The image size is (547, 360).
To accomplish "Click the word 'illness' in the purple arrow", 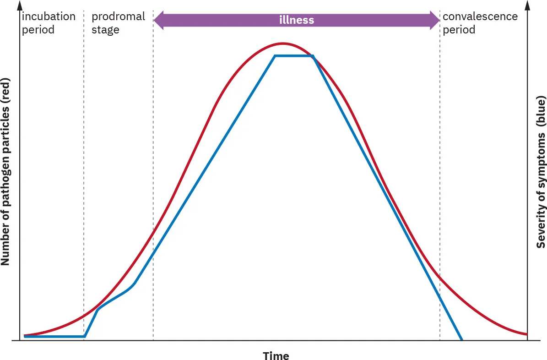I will [297, 20].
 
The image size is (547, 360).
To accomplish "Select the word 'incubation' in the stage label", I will [49, 17].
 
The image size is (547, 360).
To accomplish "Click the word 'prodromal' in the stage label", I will [118, 17].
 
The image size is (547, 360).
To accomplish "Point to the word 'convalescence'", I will [480, 17].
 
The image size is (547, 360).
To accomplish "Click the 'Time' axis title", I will [276, 356].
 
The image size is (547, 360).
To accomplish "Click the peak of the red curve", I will [283, 44].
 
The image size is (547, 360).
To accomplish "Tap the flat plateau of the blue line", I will [293, 56].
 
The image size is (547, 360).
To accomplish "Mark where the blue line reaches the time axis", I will [462, 340].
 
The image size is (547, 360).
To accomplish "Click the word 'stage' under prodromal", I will [105, 30].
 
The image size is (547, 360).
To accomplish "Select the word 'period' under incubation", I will [38, 30].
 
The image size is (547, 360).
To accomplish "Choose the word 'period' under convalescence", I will [459, 30].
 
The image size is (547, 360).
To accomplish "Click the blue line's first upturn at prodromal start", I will [85, 336].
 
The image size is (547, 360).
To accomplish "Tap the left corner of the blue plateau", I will [275, 56].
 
